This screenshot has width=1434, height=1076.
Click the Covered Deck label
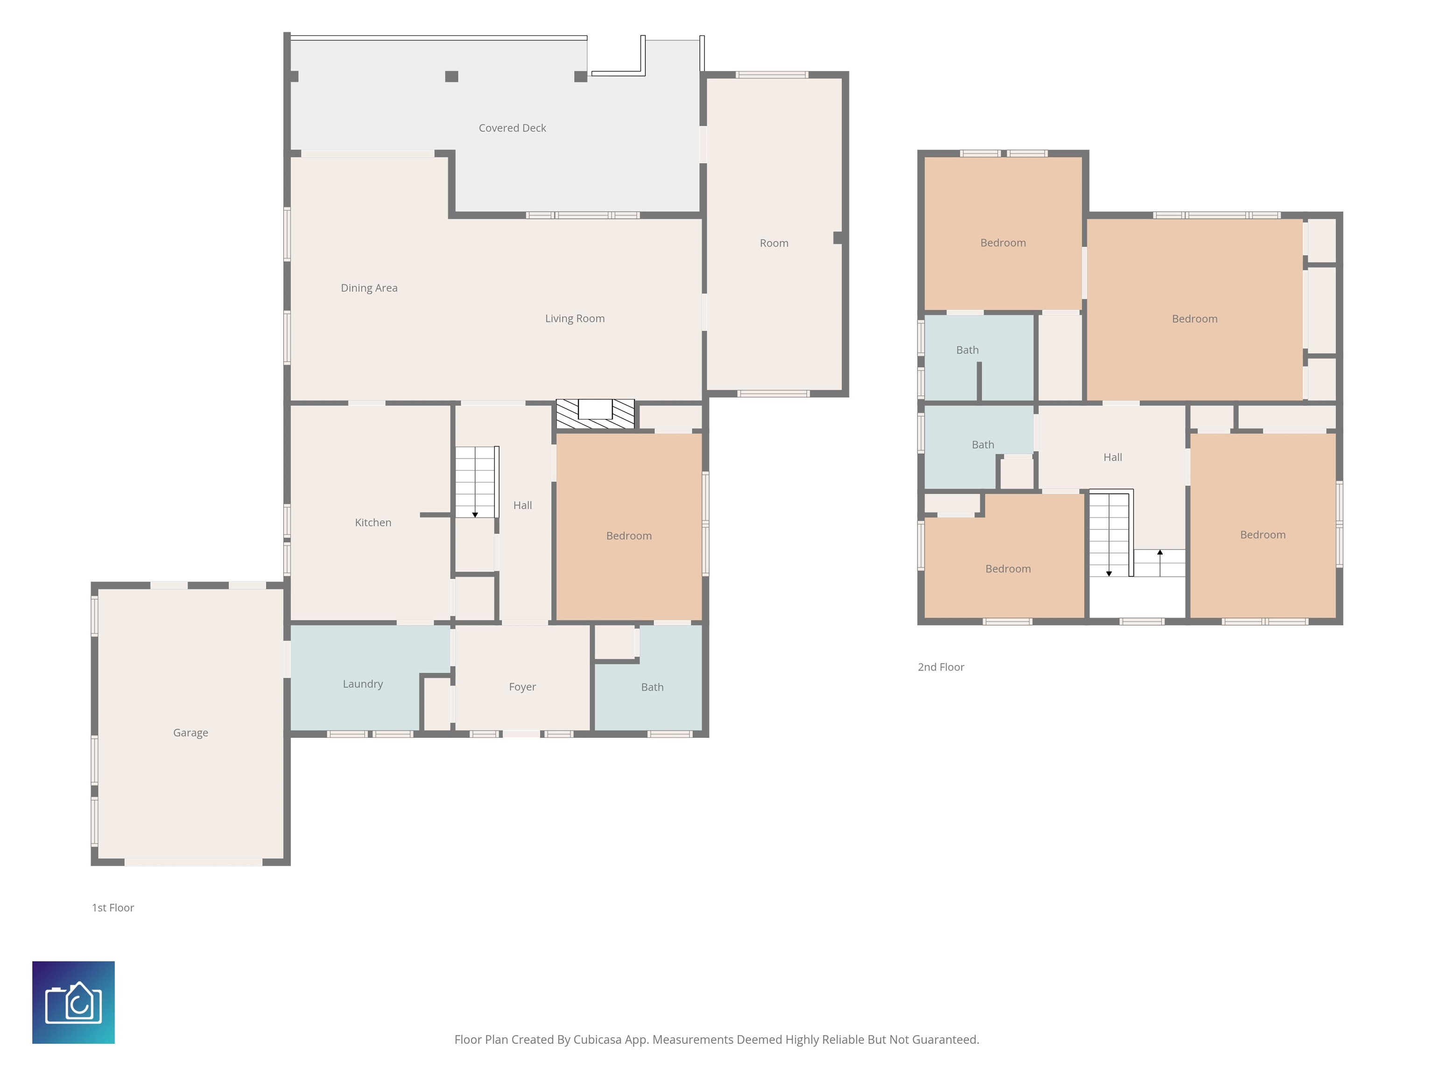512,128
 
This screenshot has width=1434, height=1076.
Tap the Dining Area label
369,288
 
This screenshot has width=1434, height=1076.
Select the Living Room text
574,319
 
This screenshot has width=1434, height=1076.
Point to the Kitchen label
373,523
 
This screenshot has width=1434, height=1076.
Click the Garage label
190,733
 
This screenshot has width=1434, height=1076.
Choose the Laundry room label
362,684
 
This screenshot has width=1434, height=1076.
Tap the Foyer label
522,687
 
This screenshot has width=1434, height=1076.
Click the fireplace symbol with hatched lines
595,414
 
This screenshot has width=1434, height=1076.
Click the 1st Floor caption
113,908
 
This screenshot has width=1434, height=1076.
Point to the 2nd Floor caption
941,667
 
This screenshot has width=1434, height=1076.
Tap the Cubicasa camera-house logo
73,1003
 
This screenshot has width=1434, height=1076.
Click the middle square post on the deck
452,77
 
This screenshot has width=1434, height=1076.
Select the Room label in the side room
774,243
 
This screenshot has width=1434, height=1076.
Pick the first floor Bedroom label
629,536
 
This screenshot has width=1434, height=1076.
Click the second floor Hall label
1112,457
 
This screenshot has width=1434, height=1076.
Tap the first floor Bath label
652,687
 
